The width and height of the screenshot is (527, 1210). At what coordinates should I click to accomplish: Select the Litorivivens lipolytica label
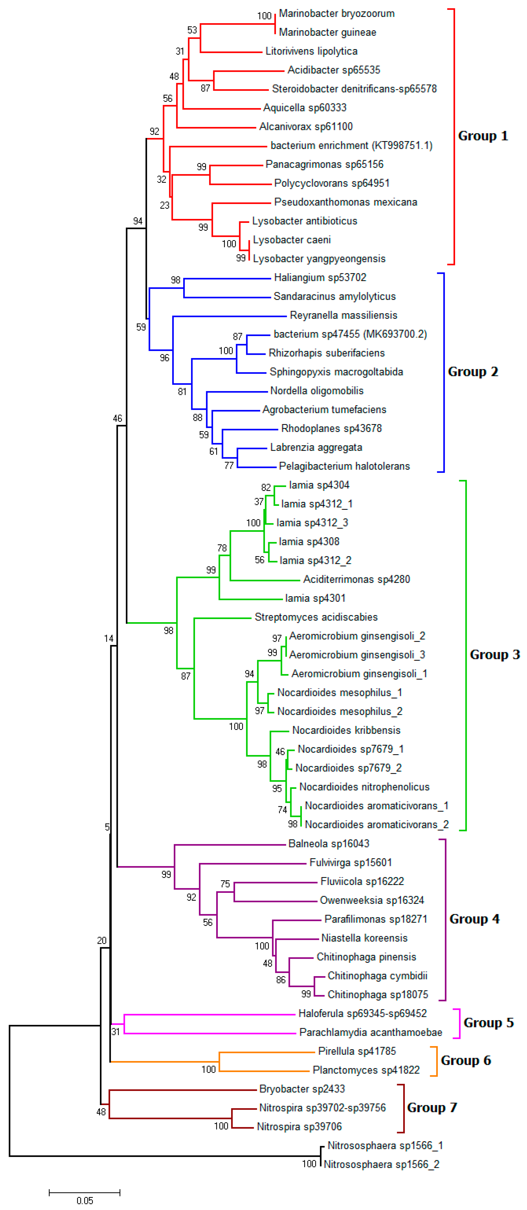[311, 51]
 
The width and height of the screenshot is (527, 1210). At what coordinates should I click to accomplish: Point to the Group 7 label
[432, 1108]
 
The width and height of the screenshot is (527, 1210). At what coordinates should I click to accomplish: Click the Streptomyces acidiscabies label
[316, 617]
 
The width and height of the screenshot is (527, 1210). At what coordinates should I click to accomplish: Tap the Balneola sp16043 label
[328, 844]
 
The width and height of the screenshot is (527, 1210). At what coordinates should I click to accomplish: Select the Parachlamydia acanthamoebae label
[370, 1032]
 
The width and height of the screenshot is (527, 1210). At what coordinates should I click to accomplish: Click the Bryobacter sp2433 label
[302, 1089]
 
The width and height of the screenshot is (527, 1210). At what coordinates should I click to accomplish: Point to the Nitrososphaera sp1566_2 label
[381, 1164]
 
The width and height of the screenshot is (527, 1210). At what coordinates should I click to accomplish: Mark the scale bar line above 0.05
[84, 1192]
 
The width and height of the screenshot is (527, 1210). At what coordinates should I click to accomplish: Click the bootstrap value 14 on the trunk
[109, 638]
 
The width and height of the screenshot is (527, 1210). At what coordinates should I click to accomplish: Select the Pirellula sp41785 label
[357, 1051]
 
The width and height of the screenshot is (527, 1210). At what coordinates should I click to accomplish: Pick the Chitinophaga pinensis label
[366, 957]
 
